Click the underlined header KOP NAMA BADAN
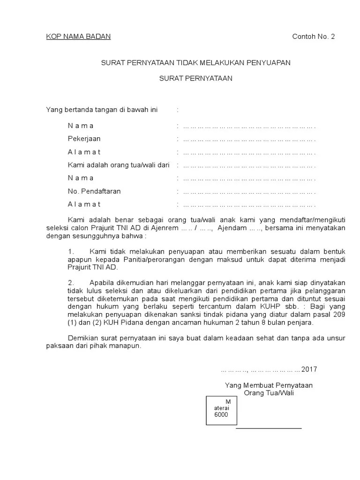click(x=78, y=37)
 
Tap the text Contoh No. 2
click(x=314, y=37)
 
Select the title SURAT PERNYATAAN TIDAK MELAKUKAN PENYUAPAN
click(x=196, y=63)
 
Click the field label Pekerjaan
click(x=84, y=139)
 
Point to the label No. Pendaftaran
click(x=94, y=191)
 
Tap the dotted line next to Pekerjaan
click(x=249, y=139)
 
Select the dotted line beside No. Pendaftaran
click(x=249, y=192)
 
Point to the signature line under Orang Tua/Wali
click(x=269, y=428)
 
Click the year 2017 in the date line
click(x=309, y=369)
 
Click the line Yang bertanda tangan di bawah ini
click(x=102, y=110)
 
